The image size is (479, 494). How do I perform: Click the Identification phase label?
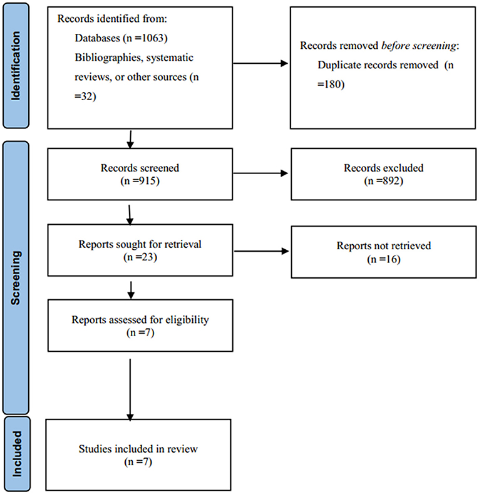(16, 66)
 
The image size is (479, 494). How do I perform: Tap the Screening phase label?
(16, 278)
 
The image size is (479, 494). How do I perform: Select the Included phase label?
(17, 454)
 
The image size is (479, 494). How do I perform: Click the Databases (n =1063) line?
(121, 38)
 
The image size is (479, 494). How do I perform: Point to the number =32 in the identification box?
(85, 96)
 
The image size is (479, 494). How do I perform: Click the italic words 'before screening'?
(419, 46)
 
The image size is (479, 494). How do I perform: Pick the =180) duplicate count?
(331, 84)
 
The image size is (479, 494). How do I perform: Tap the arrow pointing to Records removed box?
(260, 63)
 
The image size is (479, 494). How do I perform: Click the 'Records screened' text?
(140, 168)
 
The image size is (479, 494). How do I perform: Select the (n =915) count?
(140, 181)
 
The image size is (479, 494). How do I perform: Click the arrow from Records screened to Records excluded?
(260, 173)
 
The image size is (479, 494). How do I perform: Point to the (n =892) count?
(384, 181)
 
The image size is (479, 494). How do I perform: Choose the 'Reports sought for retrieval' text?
(140, 244)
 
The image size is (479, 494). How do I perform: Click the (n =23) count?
(140, 257)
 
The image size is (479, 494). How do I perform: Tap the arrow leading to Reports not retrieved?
(262, 251)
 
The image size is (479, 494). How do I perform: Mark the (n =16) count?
(384, 259)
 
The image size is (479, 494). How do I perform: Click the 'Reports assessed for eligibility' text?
(140, 320)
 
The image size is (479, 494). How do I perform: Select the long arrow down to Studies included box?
(130, 389)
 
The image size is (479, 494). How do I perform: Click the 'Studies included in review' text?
(138, 449)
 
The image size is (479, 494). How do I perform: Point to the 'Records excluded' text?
(384, 168)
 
